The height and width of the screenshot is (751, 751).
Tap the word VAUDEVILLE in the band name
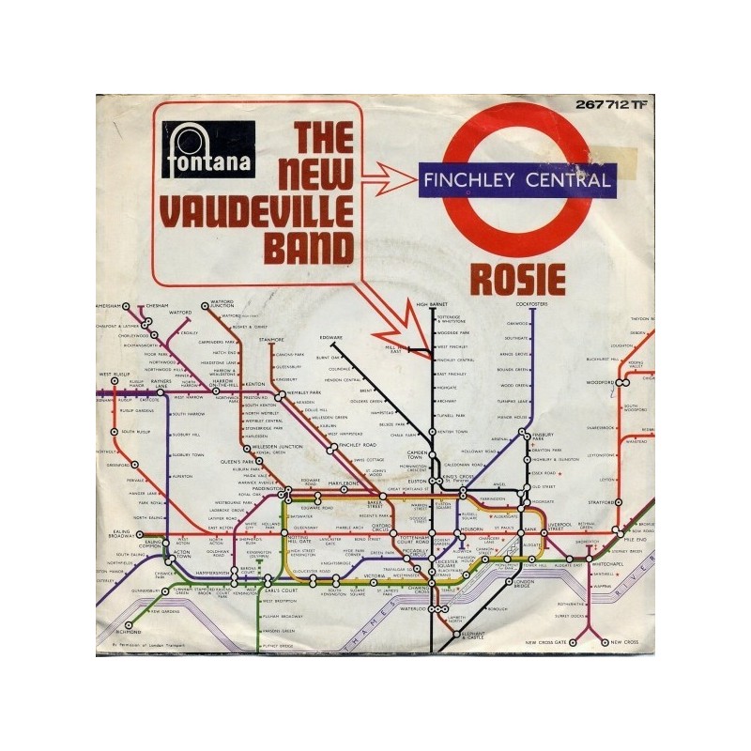click(x=257, y=204)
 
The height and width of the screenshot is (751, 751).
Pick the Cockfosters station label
click(x=530, y=305)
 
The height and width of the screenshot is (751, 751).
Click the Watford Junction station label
click(x=222, y=305)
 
